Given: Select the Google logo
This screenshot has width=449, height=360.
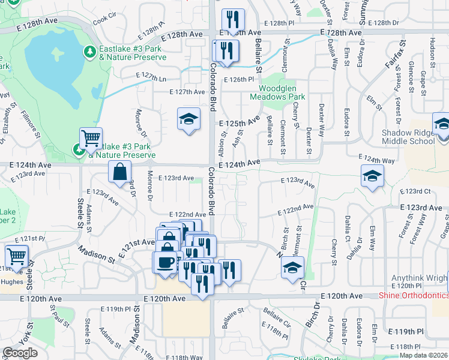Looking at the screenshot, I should pyautogui.click(x=20, y=353).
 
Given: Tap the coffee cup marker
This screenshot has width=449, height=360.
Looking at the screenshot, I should pyautogui.click(x=165, y=262).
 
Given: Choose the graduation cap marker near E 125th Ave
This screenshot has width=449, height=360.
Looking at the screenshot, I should pyautogui.click(x=188, y=119).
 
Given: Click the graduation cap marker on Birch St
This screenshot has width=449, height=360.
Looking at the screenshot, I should pyautogui.click(x=292, y=267).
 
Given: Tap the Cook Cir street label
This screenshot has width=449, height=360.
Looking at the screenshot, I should pyautogui.click(x=103, y=19).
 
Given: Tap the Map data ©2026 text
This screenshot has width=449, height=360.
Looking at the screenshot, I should pyautogui.click(x=423, y=355).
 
